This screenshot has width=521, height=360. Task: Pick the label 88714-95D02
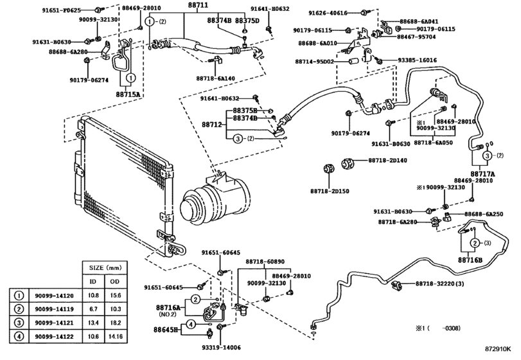pyautogui.click(x=315, y=62)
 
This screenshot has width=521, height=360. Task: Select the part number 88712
pyautogui.click(x=211, y=124)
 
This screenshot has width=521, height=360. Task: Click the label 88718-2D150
pyautogui.click(x=334, y=192)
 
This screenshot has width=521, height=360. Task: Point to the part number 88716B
pyautogui.click(x=470, y=260)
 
